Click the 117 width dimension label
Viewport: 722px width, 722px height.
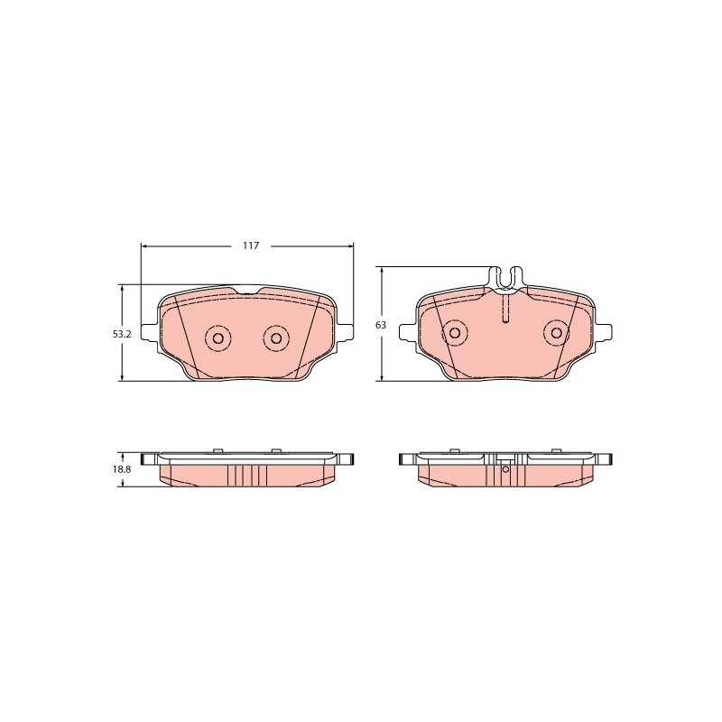[x=251, y=245]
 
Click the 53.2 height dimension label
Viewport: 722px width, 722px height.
[x=122, y=334]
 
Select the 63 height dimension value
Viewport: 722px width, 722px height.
[x=381, y=325]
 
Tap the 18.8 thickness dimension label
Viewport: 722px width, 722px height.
[x=123, y=469]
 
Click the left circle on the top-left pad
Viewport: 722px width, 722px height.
[x=218, y=338]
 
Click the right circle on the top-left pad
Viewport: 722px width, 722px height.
[x=276, y=338]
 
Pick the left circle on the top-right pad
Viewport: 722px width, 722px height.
[x=454, y=332]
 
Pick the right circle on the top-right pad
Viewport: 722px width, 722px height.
[x=557, y=332]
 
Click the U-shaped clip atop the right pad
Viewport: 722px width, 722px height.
[x=505, y=278]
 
